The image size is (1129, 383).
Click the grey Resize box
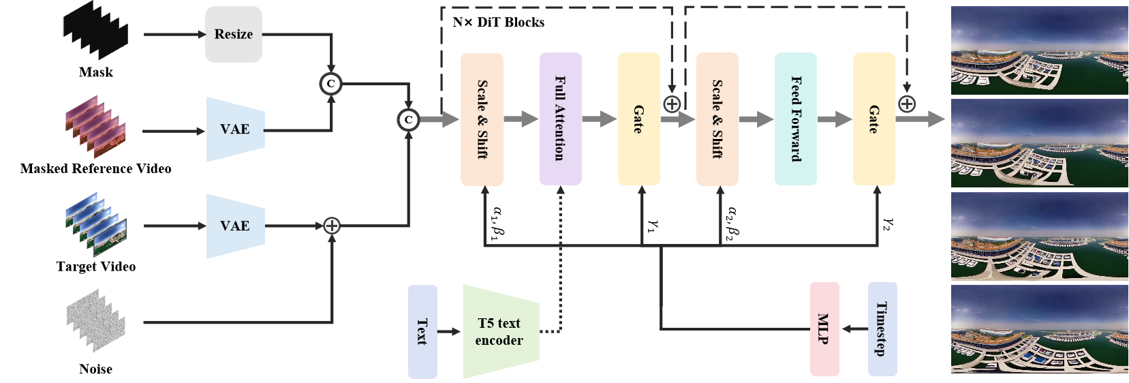click(x=234, y=35)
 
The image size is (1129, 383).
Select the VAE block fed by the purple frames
click(x=235, y=129)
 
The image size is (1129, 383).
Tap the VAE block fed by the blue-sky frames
click(x=235, y=226)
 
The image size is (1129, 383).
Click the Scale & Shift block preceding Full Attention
click(x=482, y=119)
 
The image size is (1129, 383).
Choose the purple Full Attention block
click(x=560, y=119)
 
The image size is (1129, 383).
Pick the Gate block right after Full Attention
click(x=638, y=119)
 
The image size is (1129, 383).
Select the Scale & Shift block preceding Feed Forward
click(x=717, y=119)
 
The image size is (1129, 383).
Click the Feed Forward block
click(x=795, y=119)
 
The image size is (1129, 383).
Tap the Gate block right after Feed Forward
click(x=873, y=119)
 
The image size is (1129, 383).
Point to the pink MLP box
click(x=824, y=329)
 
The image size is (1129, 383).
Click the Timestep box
click(x=882, y=329)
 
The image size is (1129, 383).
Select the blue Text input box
click(x=422, y=331)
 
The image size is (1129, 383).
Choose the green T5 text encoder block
click(x=501, y=331)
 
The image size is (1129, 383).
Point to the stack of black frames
click(x=95, y=30)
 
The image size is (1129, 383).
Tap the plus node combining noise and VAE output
click(x=331, y=226)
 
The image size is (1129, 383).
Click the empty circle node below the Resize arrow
click(x=330, y=84)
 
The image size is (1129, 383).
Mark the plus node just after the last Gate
click(x=907, y=104)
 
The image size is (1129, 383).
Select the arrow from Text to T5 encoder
click(x=449, y=332)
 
